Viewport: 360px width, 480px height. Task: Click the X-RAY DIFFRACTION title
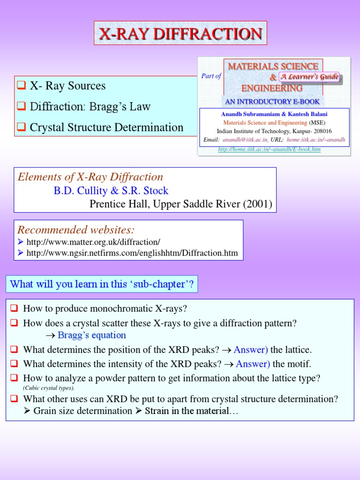point(180,33)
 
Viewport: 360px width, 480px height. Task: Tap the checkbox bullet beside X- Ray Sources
point(20,86)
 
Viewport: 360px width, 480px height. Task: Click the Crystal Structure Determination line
point(106,127)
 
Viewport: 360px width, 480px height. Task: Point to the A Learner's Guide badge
point(309,77)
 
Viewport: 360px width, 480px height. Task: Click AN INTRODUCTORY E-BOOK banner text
point(272,101)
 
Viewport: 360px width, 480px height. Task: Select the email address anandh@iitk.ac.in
point(245,140)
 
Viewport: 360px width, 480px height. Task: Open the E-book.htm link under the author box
point(270,149)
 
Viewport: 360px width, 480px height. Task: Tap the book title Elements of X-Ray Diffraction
point(90,177)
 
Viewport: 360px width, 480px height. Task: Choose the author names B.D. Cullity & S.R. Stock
point(111,191)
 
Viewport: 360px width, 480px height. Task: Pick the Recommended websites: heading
point(76,230)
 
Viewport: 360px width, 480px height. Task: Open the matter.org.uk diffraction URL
point(93,242)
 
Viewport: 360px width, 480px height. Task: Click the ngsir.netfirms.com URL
point(132,253)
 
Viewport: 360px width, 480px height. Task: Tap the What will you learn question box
point(102,284)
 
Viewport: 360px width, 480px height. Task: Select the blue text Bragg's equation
point(92,335)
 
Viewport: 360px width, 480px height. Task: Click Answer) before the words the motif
point(253,364)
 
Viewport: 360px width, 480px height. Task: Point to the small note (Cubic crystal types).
point(49,388)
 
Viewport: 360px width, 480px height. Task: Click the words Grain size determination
point(83,411)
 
